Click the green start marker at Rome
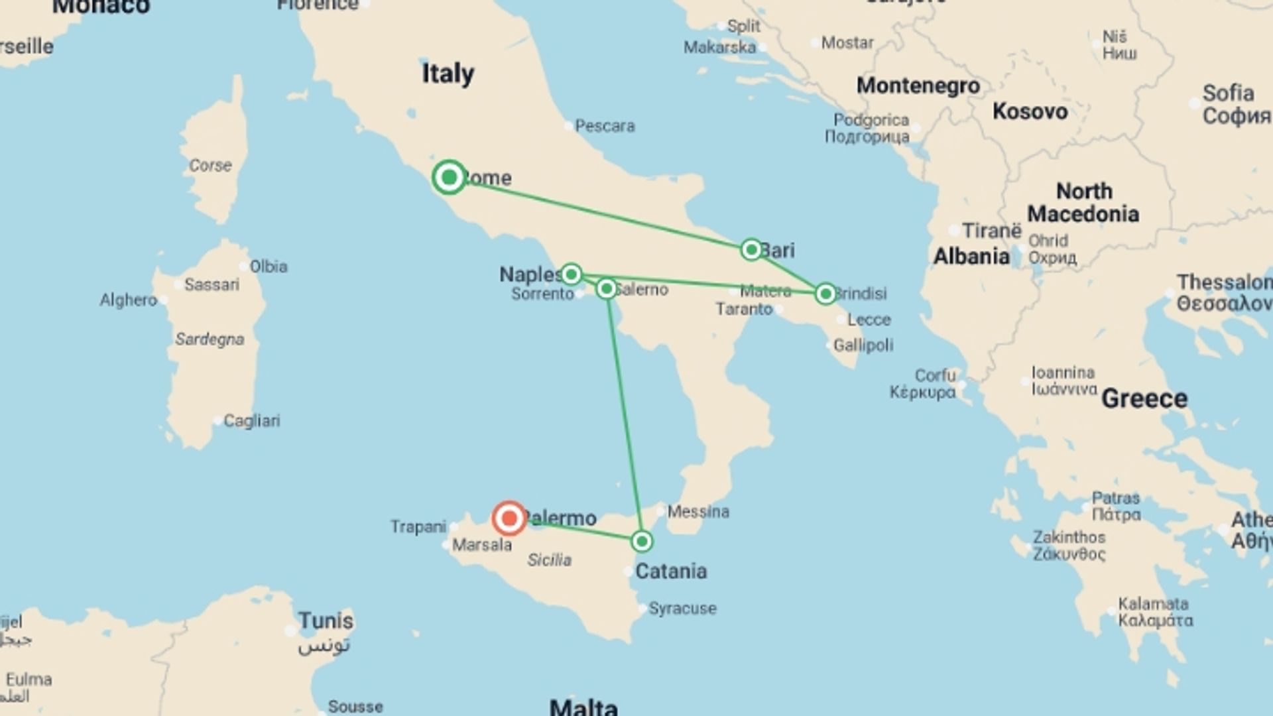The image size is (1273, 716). tap(449, 177)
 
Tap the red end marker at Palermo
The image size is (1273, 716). tap(509, 518)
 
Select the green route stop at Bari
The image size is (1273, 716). tap(751, 249)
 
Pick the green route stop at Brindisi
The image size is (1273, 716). tap(825, 293)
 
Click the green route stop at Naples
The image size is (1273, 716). tap(571, 274)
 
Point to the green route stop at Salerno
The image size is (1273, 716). tap(606, 288)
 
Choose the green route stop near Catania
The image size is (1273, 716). tap(641, 542)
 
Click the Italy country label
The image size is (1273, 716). tap(448, 73)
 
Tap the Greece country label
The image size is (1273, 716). tap(1144, 398)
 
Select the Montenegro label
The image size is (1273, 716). tap(918, 86)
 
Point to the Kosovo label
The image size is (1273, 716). tap(1030, 111)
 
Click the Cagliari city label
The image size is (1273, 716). tap(251, 420)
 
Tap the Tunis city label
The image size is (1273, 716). tap(325, 621)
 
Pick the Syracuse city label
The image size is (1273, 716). tap(682, 608)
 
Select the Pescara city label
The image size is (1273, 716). tap(604, 125)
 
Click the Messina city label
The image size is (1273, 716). tap(697, 511)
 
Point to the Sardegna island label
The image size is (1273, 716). tap(210, 339)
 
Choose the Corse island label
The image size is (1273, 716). tap(210, 165)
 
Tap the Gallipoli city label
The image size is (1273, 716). tap(863, 345)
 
